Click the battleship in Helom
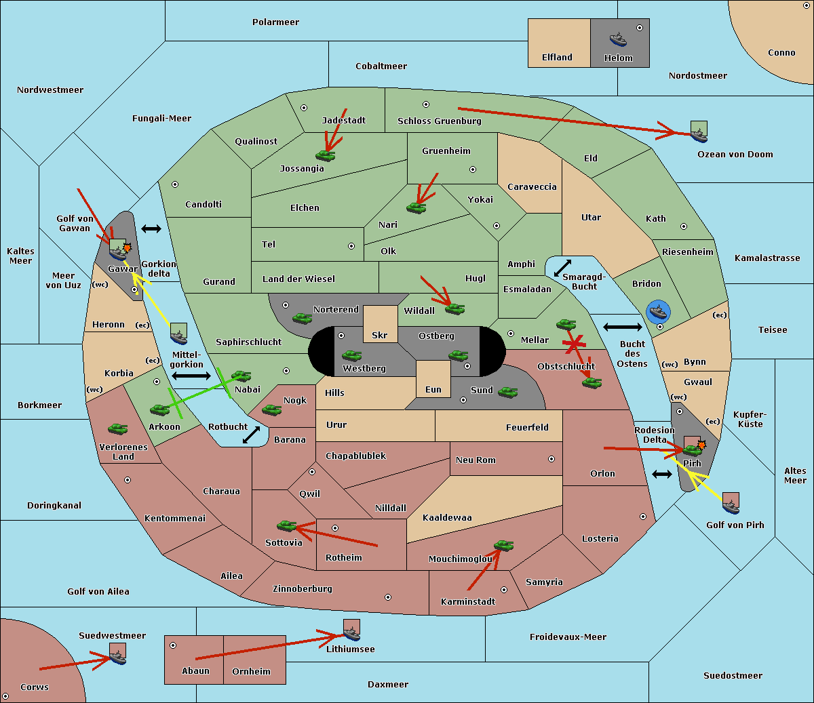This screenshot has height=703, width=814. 618,39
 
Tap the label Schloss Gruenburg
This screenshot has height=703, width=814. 439,121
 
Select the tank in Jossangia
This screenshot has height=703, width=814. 326,155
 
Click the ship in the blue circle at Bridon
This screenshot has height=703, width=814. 658,312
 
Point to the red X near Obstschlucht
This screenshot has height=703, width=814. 574,344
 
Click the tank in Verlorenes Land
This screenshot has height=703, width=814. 118,428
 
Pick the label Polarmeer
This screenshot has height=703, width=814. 275,22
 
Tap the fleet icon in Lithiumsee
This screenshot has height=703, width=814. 351,630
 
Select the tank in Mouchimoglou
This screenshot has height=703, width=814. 504,546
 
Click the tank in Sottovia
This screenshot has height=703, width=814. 286,525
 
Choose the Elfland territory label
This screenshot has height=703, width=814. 557,58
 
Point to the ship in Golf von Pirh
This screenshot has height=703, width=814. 731,503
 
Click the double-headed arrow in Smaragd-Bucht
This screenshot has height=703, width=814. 562,268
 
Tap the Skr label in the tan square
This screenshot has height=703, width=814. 379,335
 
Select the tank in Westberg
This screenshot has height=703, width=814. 351,355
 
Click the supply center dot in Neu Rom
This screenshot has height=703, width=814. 551,459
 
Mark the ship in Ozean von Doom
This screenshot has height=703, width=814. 699,132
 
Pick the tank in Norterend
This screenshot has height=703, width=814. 302,318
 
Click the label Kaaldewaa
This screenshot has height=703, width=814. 447,518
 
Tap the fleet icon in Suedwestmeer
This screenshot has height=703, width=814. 117,654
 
